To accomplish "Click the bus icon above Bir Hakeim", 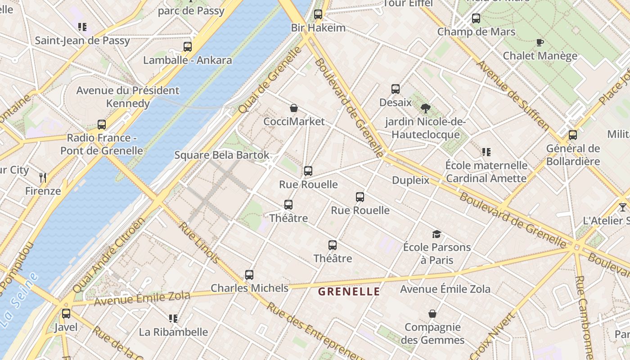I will coord(318,14).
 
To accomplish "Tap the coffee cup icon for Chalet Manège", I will coord(540,43).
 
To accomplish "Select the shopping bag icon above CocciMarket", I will coord(294,108).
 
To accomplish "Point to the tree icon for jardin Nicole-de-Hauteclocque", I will coord(425,108).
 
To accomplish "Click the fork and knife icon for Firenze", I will coord(43,178).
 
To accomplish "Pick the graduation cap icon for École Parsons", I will coord(436,234).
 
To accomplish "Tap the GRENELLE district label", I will coord(349,292).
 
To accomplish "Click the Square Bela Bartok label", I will coord(222,155).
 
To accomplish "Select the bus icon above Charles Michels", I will coord(249,274).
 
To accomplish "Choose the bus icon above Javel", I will coord(66,314).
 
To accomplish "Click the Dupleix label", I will coord(410,180).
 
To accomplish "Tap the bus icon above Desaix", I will coord(396,89).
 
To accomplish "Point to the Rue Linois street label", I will coord(199,243).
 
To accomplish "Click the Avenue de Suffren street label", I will coord(512,94).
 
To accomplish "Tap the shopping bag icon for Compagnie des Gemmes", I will coord(432,314).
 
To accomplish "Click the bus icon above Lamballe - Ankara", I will coord(188,46).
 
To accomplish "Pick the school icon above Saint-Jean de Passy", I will coord(82,27).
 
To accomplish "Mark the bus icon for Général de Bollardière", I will coord(573,135).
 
